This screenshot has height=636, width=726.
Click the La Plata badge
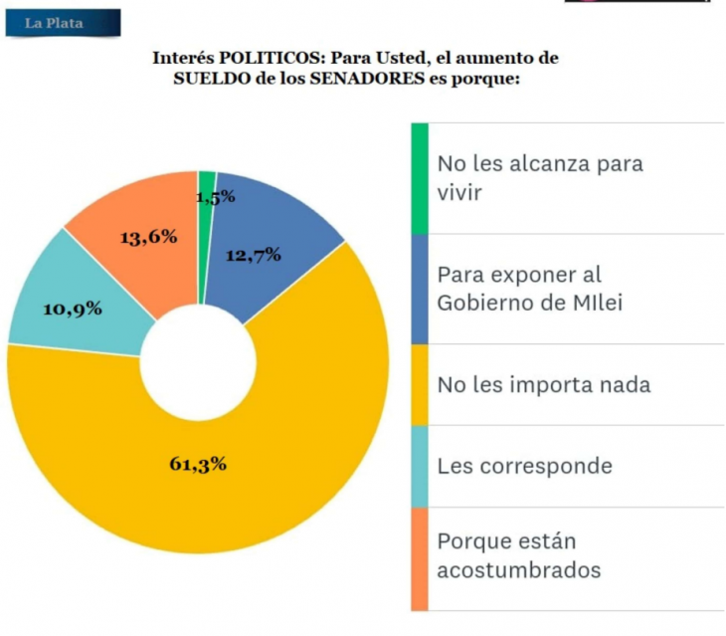[x=62, y=23]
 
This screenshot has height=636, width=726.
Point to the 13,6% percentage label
[x=148, y=237]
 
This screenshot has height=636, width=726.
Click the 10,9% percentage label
[x=73, y=309]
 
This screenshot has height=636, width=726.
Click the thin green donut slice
[x=207, y=180]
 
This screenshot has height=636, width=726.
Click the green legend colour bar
[x=420, y=178]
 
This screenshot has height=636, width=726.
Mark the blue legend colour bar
[x=420, y=289]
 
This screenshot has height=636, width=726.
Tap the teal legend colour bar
[x=420, y=466]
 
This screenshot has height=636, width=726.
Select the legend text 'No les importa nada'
[x=544, y=384]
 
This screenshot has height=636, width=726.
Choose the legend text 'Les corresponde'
[x=524, y=466]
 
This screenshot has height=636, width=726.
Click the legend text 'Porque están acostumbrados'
[x=519, y=556]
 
